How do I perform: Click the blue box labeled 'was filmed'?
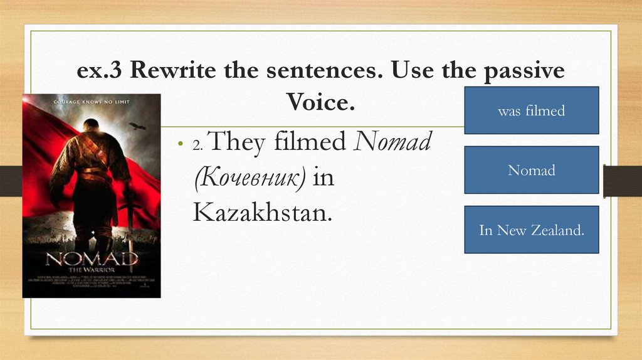coord(531,110)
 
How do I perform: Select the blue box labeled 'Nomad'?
coord(531,169)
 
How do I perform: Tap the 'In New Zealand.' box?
coord(531,230)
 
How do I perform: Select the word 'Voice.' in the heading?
coord(320,101)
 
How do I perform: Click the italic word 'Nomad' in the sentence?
coord(392,143)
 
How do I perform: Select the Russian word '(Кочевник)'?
coord(249,178)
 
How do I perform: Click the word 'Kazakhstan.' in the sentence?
coord(261,213)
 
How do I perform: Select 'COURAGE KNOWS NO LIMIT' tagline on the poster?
coord(91,100)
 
